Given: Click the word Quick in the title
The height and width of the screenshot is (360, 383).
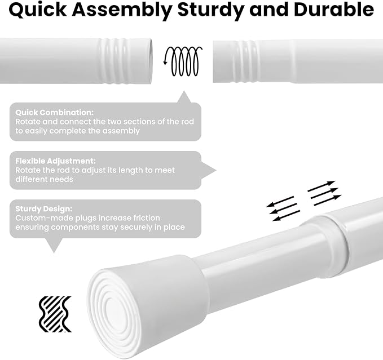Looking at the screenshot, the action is pyautogui.click(x=38, y=10).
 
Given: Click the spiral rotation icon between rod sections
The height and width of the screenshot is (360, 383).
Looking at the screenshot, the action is pyautogui.click(x=183, y=61).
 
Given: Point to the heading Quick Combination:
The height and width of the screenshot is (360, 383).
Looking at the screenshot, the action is pyautogui.click(x=55, y=113).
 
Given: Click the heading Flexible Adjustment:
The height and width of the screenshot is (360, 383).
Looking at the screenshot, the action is pyautogui.click(x=55, y=161).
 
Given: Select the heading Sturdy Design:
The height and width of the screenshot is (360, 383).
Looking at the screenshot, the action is pyautogui.click(x=44, y=209).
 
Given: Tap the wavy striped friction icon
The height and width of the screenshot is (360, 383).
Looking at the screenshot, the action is pyautogui.click(x=55, y=314).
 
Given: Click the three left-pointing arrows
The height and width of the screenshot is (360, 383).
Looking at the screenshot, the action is pyautogui.click(x=283, y=208).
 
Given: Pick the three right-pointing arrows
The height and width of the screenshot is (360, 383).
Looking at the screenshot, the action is pyautogui.click(x=324, y=193).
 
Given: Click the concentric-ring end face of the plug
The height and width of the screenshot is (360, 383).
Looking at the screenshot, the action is pyautogui.click(x=115, y=313).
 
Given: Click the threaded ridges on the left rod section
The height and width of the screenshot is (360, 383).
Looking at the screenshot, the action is pyautogui.click(x=115, y=61).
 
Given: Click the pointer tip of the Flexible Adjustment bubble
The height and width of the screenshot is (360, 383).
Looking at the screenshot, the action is pyautogui.click(x=216, y=170).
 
